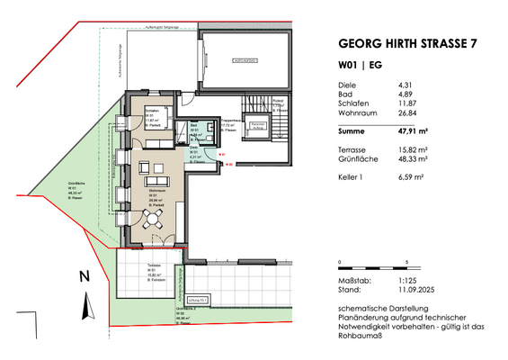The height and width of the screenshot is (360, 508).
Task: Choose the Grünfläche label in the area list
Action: click(357, 158)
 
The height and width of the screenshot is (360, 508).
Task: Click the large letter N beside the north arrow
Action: click(83, 277)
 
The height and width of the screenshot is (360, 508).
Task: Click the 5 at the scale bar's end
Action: click(408, 262)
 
